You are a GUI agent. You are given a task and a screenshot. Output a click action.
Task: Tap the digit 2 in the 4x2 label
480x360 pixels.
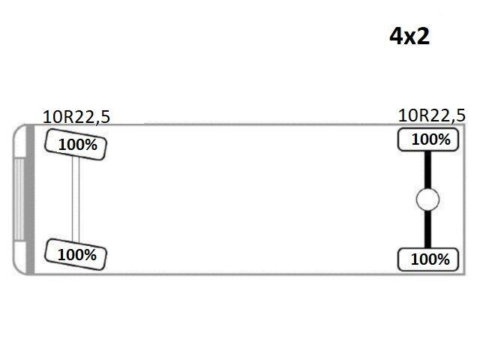(x=423, y=36)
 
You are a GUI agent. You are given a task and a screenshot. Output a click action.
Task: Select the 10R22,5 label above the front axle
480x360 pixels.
(x=76, y=117)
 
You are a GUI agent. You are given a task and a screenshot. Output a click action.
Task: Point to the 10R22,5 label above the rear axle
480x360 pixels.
(x=432, y=115)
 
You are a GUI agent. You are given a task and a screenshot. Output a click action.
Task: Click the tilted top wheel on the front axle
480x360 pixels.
(x=76, y=145)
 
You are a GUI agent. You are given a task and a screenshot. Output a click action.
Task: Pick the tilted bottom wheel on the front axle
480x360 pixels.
(x=76, y=255)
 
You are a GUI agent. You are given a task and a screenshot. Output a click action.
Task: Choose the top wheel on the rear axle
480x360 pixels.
(x=428, y=140)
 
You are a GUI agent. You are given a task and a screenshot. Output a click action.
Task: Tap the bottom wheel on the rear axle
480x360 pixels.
(x=428, y=259)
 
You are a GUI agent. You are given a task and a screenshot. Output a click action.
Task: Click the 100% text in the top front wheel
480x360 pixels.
(x=78, y=145)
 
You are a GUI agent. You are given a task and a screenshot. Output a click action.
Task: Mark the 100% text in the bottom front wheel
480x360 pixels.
(x=77, y=255)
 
